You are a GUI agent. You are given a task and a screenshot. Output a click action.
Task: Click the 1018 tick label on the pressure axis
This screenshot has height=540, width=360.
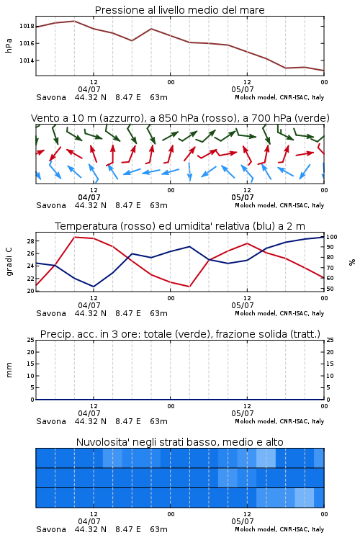27,26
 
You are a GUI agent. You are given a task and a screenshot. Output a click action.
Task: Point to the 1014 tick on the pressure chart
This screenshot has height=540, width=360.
27,60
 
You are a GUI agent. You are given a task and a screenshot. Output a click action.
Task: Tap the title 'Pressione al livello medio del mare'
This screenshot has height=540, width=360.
180,10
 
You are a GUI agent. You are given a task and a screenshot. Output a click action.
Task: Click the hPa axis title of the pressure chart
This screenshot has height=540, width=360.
9,45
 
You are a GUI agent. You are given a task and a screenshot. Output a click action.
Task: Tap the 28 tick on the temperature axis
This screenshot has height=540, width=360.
30,241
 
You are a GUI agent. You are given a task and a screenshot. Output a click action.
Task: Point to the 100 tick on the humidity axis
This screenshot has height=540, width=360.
332,237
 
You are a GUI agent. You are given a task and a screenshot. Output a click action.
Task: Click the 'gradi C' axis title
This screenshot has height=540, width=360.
9,262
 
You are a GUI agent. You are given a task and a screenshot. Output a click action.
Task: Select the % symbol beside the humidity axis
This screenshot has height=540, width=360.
352,262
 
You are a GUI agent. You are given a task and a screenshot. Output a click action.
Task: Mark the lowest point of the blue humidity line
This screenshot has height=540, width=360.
94,287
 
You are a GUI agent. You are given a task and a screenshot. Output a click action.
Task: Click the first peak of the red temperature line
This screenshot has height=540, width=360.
75,237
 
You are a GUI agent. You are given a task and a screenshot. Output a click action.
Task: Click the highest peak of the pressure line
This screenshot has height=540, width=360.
74,21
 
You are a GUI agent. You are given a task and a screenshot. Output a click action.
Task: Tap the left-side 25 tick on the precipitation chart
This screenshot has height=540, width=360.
30,340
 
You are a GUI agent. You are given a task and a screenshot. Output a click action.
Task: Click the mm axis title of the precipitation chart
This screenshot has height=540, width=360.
9,370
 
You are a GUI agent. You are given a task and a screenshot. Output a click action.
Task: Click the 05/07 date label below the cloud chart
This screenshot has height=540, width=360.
243,521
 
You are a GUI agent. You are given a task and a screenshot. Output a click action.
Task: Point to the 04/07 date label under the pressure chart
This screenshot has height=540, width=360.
89,89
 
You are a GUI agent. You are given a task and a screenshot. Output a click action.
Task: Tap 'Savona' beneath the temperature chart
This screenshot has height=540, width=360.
51,313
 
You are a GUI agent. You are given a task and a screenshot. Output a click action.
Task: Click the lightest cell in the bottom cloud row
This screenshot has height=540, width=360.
304,498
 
